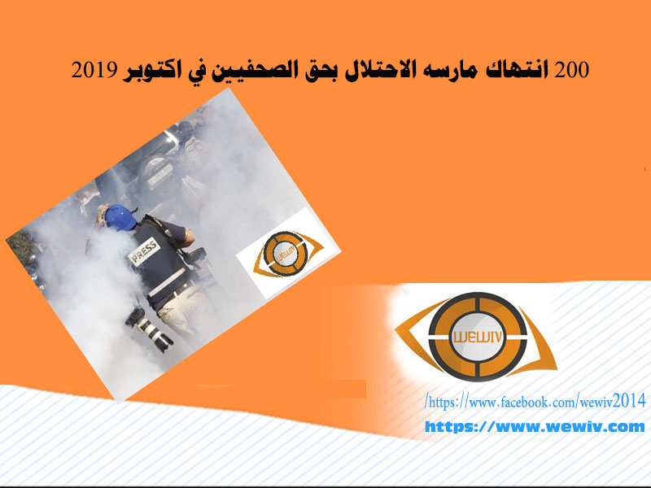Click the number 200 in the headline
(x=572, y=70)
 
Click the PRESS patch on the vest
(x=144, y=252)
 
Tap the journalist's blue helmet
(x=120, y=217)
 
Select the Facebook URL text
(x=535, y=402)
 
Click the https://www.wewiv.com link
(x=535, y=426)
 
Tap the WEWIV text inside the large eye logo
(x=478, y=337)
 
